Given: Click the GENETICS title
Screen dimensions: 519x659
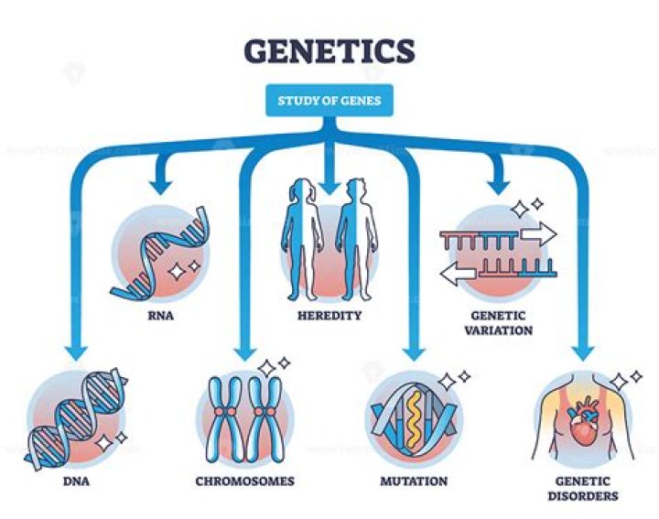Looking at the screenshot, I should tap(329, 50).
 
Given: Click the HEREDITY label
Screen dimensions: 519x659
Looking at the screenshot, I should tap(329, 316).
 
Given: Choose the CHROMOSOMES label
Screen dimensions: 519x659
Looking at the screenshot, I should tap(244, 481).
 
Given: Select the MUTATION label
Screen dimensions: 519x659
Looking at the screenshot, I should tap(415, 481).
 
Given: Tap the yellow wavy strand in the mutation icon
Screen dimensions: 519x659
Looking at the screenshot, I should tap(415, 416).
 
